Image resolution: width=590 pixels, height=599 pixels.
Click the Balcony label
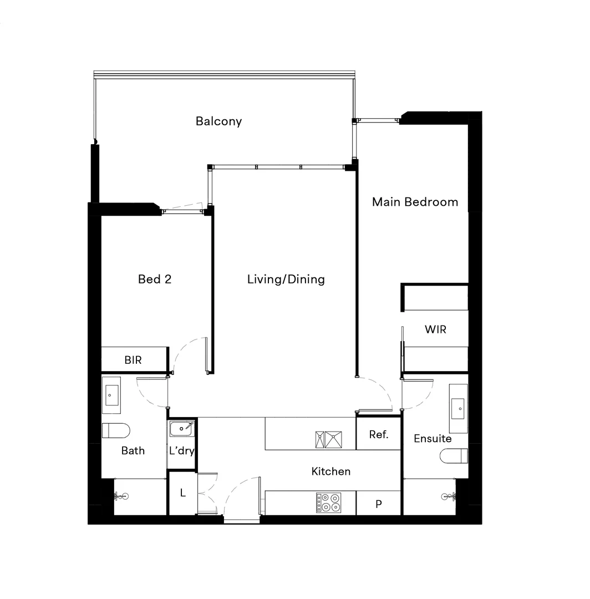[x=218, y=121]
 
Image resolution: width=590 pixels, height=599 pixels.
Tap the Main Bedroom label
[x=415, y=202]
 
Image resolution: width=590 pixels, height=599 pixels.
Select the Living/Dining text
[x=286, y=279]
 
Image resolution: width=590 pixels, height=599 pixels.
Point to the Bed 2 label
[x=155, y=279]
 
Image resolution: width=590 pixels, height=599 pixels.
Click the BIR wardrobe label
[x=133, y=360]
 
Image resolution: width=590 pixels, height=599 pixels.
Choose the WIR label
[x=435, y=329]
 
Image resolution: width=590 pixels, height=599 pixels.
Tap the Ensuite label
[x=433, y=439]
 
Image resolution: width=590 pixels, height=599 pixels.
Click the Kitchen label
[x=330, y=471]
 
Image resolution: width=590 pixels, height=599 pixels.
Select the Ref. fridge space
[x=378, y=434]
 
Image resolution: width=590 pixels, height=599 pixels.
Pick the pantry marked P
[x=378, y=504]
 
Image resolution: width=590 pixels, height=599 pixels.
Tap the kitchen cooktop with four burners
[x=328, y=502]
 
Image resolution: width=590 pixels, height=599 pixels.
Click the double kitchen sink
[x=328, y=439]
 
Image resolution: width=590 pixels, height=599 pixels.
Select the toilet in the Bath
[x=116, y=430]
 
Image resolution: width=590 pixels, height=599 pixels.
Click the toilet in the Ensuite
[x=454, y=456]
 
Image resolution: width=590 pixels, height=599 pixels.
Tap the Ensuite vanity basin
[x=459, y=408]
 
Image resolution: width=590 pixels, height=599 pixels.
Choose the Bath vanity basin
[x=111, y=395]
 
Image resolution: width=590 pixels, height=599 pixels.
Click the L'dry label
[x=182, y=450]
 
